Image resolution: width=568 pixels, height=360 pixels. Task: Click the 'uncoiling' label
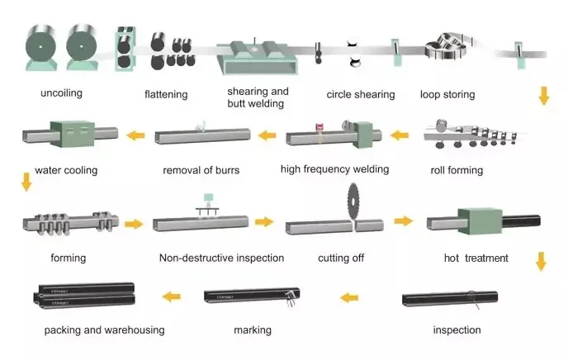[x=62, y=93]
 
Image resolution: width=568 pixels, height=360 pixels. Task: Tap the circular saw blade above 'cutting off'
[x=353, y=201]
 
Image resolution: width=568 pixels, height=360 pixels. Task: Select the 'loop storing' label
[x=447, y=94]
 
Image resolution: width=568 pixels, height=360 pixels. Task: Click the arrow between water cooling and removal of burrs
[x=136, y=135]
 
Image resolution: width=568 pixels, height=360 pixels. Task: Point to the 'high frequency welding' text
[x=334, y=169]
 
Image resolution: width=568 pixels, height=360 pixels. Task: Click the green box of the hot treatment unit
[x=480, y=221]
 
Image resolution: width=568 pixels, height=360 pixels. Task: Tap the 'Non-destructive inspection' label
[x=222, y=258]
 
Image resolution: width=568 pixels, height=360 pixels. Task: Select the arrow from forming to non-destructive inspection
[x=134, y=224]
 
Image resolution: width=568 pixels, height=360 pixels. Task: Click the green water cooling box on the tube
[x=73, y=134]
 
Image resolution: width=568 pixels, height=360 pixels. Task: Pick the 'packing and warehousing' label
[x=104, y=330]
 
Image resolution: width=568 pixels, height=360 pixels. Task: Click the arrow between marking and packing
[x=172, y=297]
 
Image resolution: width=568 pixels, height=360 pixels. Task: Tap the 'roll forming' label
[x=457, y=170]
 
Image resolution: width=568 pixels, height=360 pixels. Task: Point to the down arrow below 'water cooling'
[x=26, y=182]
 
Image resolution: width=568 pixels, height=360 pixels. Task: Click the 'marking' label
[x=253, y=330]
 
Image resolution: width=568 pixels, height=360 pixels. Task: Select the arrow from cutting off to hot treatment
[x=404, y=220]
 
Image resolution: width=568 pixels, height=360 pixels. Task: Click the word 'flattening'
[x=166, y=94]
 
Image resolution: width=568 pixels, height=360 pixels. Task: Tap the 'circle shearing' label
[x=361, y=94]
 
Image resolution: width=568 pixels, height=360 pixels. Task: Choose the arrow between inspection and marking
[x=349, y=298]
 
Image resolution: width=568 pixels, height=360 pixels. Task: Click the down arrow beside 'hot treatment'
[x=541, y=262]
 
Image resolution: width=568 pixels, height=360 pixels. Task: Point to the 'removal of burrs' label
[x=201, y=170]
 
